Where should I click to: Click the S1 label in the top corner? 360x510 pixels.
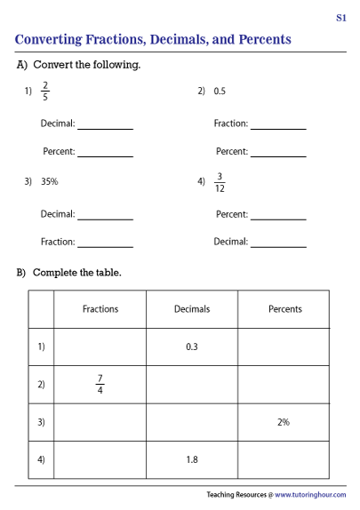(340, 17)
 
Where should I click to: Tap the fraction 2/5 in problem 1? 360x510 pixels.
(46, 91)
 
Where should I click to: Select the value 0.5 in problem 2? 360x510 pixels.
(220, 91)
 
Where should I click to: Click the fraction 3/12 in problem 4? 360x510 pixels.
(220, 181)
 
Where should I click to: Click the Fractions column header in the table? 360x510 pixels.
(100, 309)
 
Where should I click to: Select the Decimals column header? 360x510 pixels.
(191, 309)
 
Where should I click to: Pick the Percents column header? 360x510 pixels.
(284, 309)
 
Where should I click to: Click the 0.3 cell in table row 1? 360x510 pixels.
(191, 347)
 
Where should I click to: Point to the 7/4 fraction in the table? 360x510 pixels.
(100, 384)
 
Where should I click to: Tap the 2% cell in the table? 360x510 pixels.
(284, 422)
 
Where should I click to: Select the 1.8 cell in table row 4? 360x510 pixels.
(191, 459)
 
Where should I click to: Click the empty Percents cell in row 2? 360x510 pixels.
(284, 384)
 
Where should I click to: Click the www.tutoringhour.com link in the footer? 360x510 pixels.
(309, 494)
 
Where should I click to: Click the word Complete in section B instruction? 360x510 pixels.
(53, 272)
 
